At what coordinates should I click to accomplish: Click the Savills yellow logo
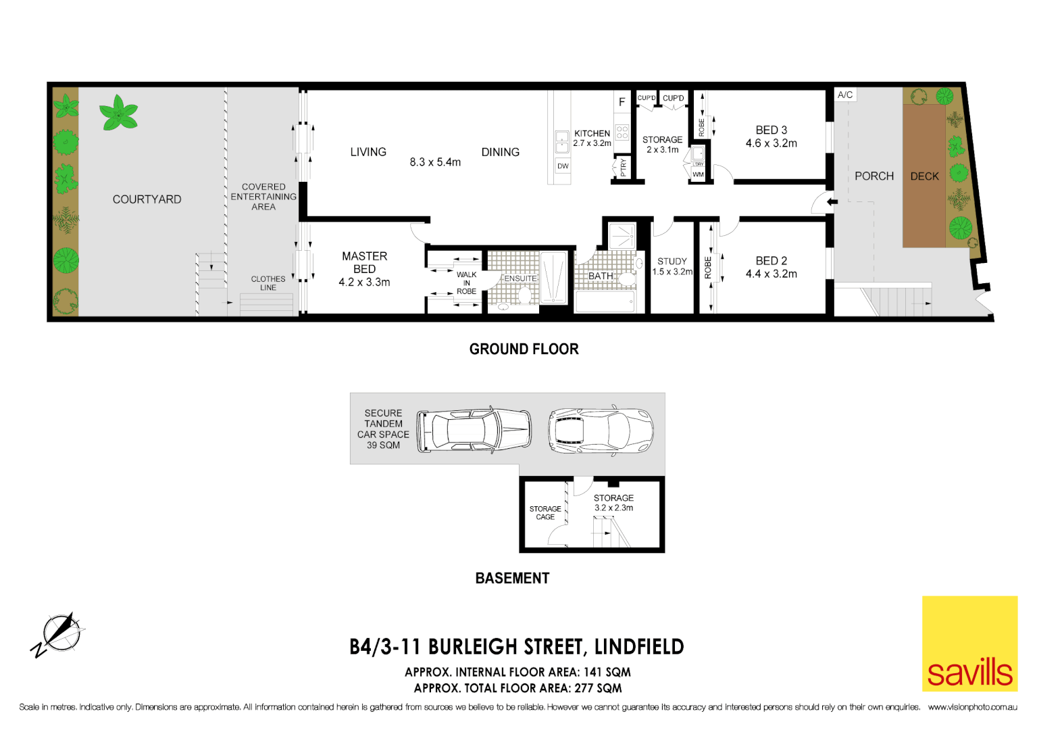tap(969, 643)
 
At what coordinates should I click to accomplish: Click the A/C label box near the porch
tap(845, 95)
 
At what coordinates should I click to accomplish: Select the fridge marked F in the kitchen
tap(622, 102)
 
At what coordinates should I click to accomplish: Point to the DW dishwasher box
tap(563, 166)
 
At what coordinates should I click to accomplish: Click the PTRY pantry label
tap(623, 167)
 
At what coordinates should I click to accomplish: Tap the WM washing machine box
tap(698, 174)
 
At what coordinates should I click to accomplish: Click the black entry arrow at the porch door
tap(832, 201)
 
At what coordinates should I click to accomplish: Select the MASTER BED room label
tap(364, 262)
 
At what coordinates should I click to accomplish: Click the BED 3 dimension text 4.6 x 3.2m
tap(771, 143)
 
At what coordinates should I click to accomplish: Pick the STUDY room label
tap(672, 261)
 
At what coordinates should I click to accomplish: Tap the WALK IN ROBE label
tap(466, 283)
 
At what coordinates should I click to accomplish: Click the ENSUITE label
tap(520, 278)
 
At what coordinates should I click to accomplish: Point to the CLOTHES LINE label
tap(268, 283)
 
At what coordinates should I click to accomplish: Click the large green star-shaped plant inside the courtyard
tap(118, 113)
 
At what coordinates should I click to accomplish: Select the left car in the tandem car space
tap(474, 430)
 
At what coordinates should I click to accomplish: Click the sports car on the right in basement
tap(600, 430)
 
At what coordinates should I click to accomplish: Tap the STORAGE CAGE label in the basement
tap(545, 513)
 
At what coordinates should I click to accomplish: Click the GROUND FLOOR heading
tap(524, 349)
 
